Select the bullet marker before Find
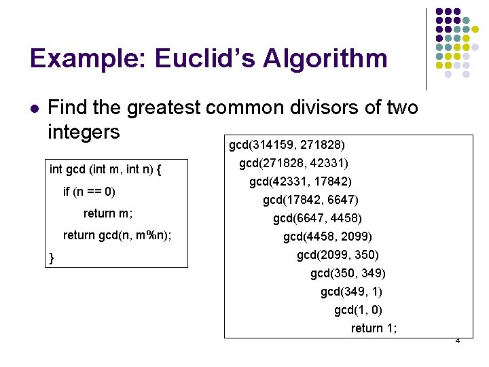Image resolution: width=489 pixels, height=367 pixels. click(x=35, y=108)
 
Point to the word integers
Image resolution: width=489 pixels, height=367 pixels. click(x=84, y=130)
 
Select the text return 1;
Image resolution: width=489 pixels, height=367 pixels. click(x=374, y=328)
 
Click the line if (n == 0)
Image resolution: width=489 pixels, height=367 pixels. click(x=89, y=192)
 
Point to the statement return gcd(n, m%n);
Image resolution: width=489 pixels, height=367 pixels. click(x=117, y=236)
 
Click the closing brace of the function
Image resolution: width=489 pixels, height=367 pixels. click(x=52, y=258)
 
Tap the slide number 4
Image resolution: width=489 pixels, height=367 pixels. click(x=457, y=340)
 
